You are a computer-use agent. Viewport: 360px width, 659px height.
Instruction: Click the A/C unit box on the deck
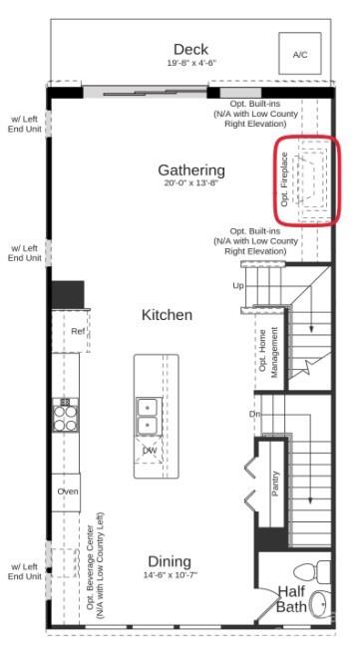(x=300, y=54)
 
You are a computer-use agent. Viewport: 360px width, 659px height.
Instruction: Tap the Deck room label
(x=190, y=49)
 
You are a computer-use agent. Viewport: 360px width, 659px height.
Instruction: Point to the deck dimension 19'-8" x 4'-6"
(x=190, y=63)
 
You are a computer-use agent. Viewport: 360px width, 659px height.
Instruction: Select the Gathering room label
(x=191, y=170)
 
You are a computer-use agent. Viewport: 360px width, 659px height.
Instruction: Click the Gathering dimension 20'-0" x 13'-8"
(x=191, y=182)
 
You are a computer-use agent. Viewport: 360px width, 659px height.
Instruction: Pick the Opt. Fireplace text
(x=285, y=179)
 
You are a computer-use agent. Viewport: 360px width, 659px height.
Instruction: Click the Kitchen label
(x=167, y=315)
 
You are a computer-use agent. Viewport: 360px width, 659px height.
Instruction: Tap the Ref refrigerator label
(x=78, y=331)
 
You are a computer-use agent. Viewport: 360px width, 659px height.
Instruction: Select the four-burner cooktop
(x=65, y=415)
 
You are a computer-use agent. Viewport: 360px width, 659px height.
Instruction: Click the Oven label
(x=68, y=492)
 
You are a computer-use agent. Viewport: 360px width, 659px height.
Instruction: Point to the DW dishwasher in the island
(x=149, y=450)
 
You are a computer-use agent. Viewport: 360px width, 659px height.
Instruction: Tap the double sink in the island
(x=148, y=417)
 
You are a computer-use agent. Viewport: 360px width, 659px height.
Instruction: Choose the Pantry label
(x=275, y=484)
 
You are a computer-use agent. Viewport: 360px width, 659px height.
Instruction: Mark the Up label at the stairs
(x=238, y=286)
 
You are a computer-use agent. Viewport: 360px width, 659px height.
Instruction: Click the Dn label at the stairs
(x=254, y=414)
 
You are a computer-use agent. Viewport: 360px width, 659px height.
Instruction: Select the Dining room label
(x=170, y=561)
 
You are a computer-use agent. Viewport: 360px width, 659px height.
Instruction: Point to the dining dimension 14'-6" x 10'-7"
(x=171, y=574)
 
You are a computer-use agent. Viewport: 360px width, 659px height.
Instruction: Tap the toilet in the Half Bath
(x=312, y=570)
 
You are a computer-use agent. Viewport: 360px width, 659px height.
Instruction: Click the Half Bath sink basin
(x=320, y=604)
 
